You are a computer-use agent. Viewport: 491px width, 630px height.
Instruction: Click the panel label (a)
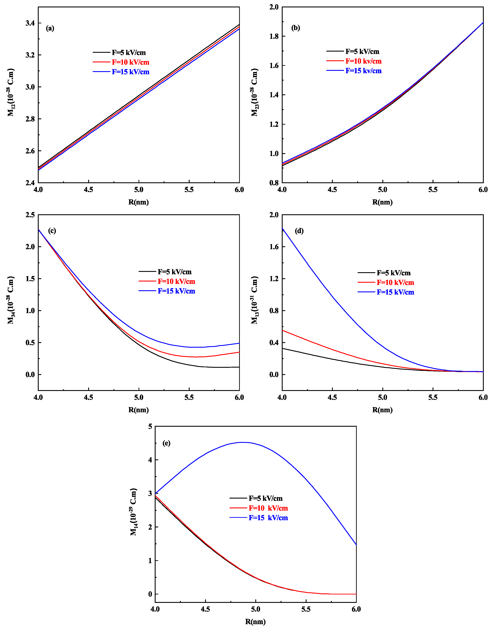(50, 28)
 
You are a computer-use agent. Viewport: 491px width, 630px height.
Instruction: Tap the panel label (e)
(167, 443)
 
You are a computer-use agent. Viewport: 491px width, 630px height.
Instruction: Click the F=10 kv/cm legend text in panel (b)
(363, 61)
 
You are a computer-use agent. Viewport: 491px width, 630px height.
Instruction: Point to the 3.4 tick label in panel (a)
(30, 23)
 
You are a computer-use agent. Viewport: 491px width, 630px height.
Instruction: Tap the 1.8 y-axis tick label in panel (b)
(274, 36)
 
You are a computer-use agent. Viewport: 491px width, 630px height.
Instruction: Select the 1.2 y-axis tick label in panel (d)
(274, 279)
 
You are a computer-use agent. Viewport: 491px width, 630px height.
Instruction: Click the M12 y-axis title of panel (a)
(11, 92)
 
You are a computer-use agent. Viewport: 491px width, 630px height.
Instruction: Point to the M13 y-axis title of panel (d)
(255, 300)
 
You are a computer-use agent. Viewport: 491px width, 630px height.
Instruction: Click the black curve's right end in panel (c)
(239, 367)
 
